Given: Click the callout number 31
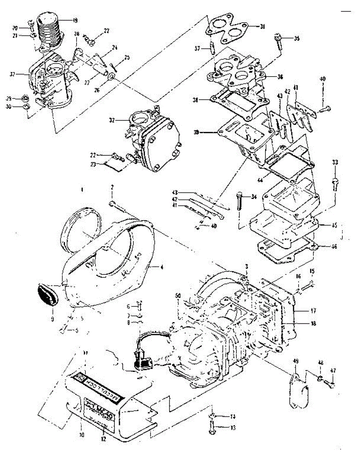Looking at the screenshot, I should click(262, 27).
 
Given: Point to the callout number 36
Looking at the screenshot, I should click(280, 76).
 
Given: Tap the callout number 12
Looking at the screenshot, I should click(103, 440).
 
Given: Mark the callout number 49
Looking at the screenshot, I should click(296, 362).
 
